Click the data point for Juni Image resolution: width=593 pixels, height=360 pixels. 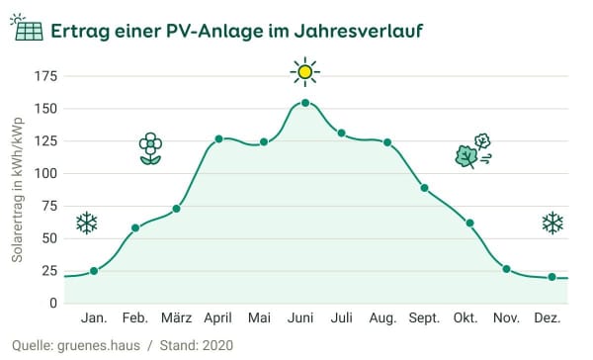(x=304, y=103)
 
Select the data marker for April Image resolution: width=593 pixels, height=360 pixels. (x=218, y=138)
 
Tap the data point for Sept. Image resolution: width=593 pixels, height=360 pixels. (x=424, y=188)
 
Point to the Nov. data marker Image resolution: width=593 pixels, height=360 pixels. (x=506, y=269)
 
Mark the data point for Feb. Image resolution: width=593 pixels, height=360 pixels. (x=135, y=228)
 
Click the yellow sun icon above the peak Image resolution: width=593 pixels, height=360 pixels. (x=305, y=71)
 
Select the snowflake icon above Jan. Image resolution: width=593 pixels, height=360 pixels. (x=87, y=224)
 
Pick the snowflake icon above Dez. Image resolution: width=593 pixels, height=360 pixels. (x=552, y=224)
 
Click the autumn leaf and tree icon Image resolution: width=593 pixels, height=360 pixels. (x=472, y=151)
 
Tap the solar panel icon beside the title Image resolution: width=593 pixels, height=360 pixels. (x=27, y=30)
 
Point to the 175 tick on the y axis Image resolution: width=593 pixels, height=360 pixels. (x=45, y=76)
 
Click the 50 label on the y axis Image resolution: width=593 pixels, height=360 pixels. (x=48, y=238)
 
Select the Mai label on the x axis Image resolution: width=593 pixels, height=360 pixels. (x=259, y=318)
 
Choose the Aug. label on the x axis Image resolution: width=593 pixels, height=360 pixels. (x=382, y=318)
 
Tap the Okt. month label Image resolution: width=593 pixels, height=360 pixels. (x=466, y=318)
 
